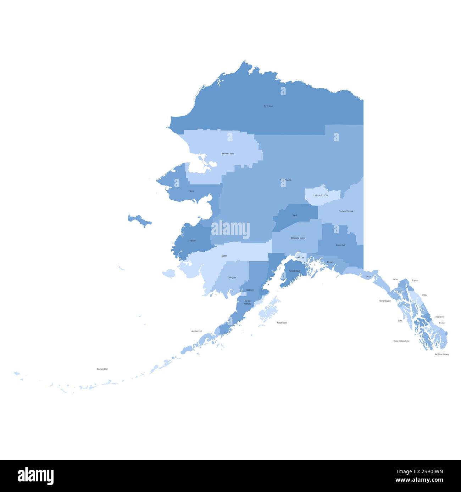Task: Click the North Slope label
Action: pyautogui.click(x=268, y=106)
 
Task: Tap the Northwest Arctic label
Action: pyautogui.click(x=228, y=154)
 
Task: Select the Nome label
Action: pyautogui.click(x=192, y=191)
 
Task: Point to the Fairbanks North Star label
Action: pyautogui.click(x=321, y=195)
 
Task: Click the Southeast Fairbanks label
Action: pyautogui.click(x=346, y=211)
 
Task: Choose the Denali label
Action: pyautogui.click(x=295, y=215)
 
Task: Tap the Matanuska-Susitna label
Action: pyautogui.click(x=298, y=238)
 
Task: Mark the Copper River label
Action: pyautogui.click(x=341, y=245)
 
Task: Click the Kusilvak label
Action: pyautogui.click(x=193, y=241)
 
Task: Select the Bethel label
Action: pyautogui.click(x=224, y=256)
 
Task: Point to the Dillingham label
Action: pyautogui.click(x=232, y=278)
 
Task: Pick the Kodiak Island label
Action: pyautogui.click(x=282, y=323)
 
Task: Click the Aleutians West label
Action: pyautogui.click(x=102, y=369)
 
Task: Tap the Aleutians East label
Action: pyautogui.click(x=196, y=331)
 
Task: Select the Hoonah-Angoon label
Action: pyautogui.click(x=385, y=301)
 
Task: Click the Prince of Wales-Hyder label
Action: pyautogui.click(x=401, y=341)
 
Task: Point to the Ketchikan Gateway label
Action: pyautogui.click(x=442, y=354)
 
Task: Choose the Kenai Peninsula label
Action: pyautogui.click(x=295, y=271)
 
